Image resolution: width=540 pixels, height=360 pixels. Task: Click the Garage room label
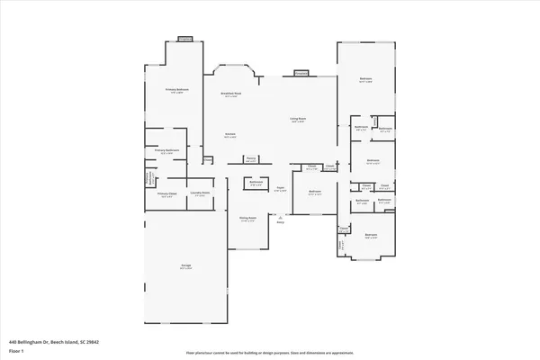point(186,266)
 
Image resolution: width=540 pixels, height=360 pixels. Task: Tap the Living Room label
point(298,118)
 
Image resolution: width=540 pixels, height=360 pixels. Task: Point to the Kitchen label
point(230,135)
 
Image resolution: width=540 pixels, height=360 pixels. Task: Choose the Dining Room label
point(247,218)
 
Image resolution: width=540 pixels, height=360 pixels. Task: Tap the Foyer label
point(281,188)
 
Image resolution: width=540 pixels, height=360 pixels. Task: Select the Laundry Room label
point(200,193)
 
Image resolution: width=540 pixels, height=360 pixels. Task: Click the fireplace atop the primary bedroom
point(186,39)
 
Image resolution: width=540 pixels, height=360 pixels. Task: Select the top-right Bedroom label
point(366,80)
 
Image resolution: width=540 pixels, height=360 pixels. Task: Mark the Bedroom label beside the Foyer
point(315,192)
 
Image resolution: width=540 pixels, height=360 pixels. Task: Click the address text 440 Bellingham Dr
point(53,342)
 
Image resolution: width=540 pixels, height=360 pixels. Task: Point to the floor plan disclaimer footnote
point(270,351)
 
